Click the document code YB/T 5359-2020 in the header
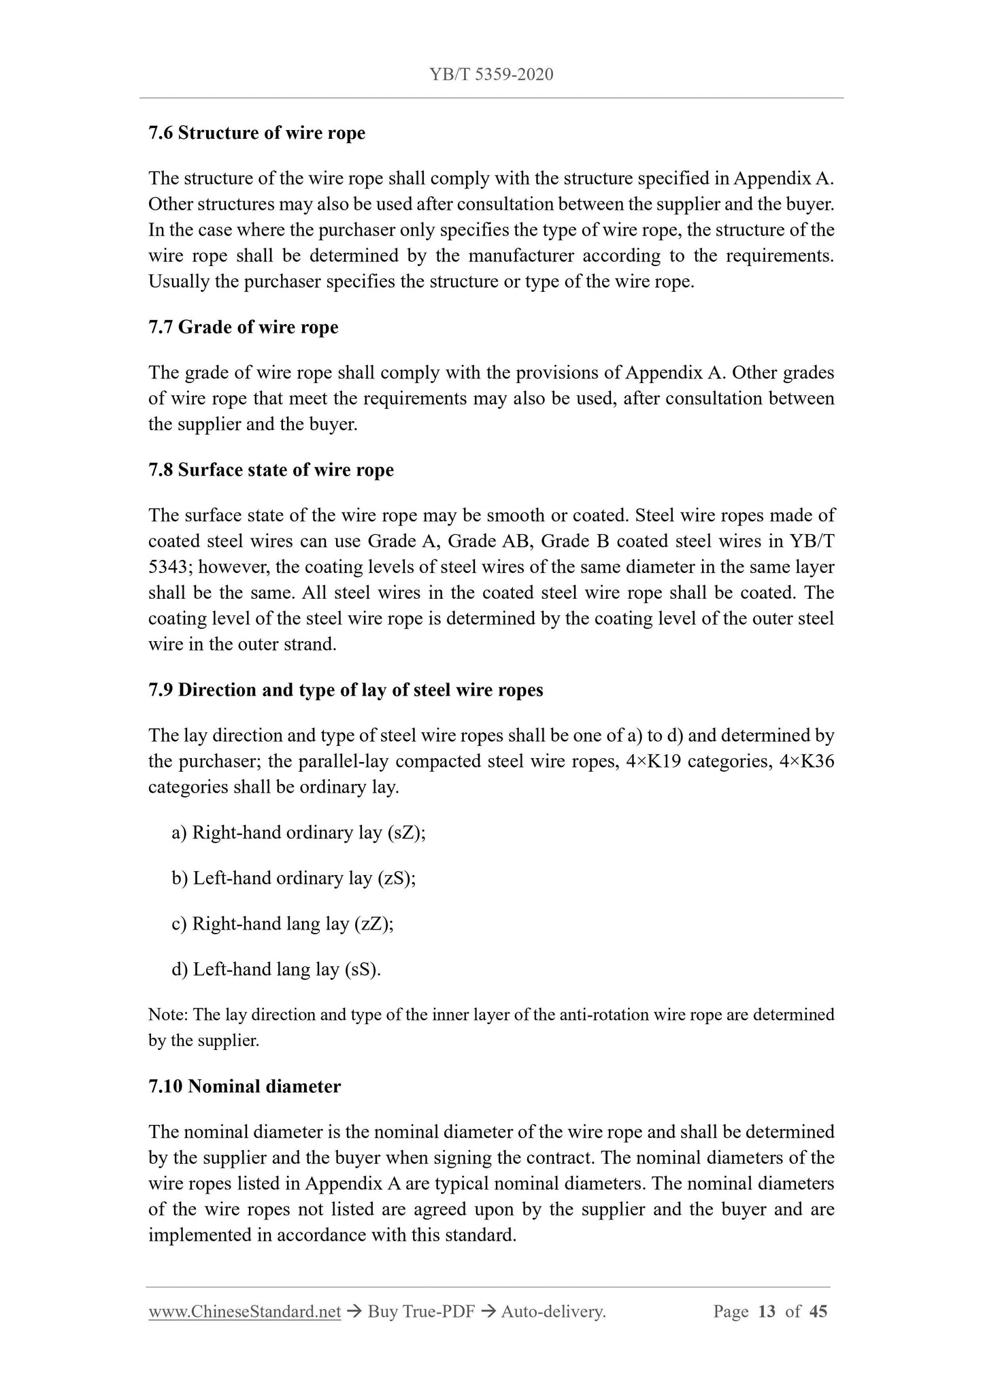[491, 74]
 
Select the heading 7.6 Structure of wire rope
[256, 133]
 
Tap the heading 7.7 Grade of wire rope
[243, 327]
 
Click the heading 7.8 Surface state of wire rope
[271, 470]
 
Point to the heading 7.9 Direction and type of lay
[346, 690]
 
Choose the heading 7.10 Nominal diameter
[244, 1086]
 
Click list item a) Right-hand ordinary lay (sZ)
[299, 833]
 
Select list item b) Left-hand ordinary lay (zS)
[293, 878]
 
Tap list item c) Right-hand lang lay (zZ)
[282, 923]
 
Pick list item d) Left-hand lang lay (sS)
[276, 969]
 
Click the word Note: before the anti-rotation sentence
[168, 1015]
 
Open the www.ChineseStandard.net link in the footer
[244, 1311]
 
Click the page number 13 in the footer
[767, 1311]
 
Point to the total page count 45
[818, 1311]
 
